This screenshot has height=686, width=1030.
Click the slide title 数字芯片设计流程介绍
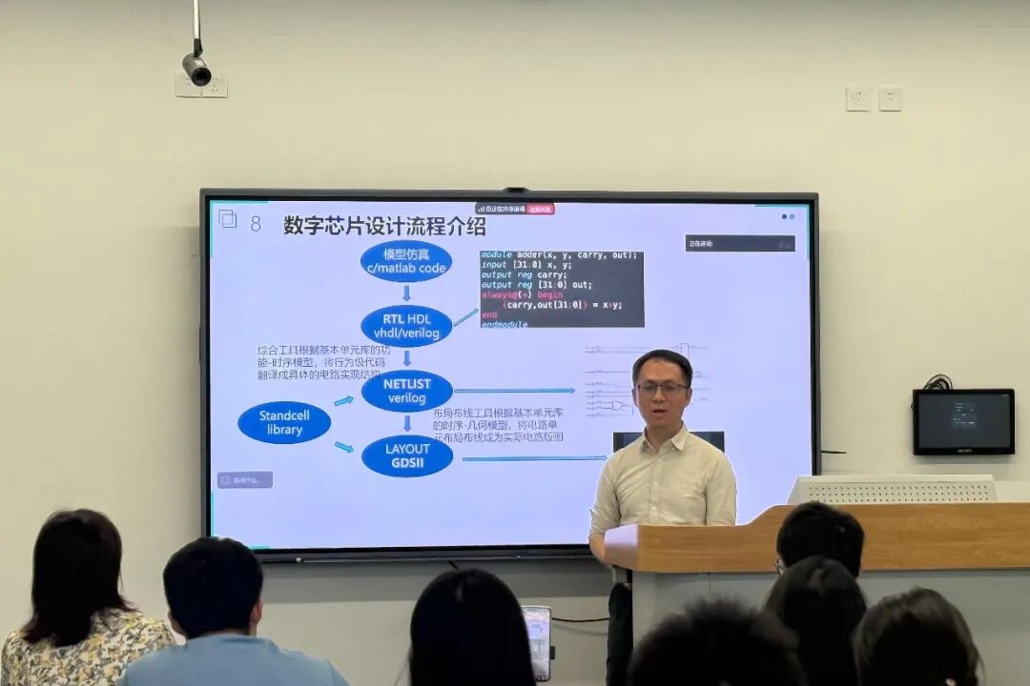384,226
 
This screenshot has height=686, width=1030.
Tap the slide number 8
256,224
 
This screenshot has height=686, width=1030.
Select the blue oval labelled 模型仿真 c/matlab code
406,261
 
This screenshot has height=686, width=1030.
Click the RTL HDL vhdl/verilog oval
406,326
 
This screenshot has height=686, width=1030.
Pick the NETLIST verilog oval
407,391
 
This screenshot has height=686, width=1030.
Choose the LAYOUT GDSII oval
407,455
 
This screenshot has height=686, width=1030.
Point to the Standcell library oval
284,423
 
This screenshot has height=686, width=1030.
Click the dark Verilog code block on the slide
562,289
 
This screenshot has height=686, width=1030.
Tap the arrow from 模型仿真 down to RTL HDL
407,293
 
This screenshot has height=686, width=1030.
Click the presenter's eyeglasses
662,388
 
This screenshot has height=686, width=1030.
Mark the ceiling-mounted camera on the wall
196,69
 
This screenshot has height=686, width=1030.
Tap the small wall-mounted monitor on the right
963,421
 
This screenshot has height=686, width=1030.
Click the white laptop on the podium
892,489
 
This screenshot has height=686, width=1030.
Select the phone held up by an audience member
538,641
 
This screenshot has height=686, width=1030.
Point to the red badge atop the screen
541,209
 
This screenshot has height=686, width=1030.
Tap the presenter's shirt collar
662,440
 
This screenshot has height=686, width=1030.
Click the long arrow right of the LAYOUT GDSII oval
534,458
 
